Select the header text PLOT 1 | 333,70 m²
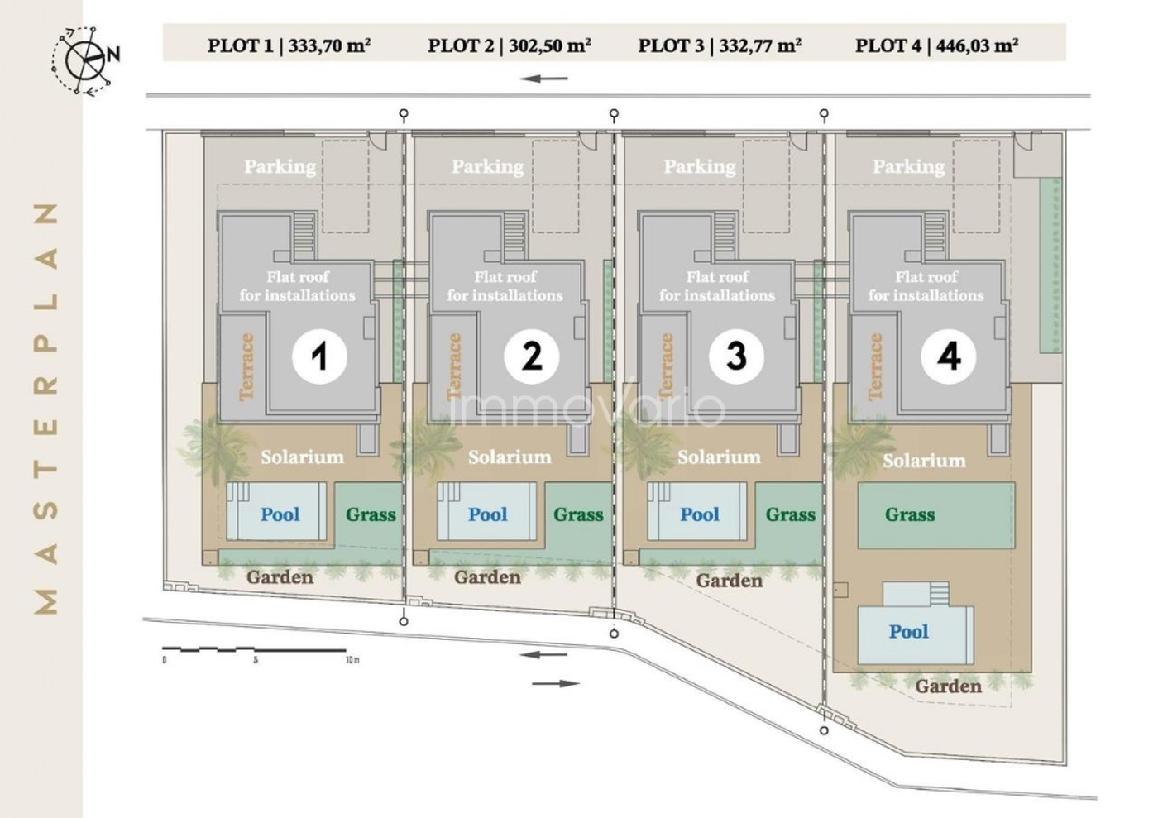pyautogui.click(x=289, y=45)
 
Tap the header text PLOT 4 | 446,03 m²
pyautogui.click(x=936, y=45)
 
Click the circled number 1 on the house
pyautogui.click(x=319, y=356)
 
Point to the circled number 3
pyautogui.click(x=736, y=356)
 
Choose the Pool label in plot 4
pyautogui.click(x=908, y=631)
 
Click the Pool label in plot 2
pyautogui.click(x=487, y=514)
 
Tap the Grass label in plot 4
pyautogui.click(x=910, y=514)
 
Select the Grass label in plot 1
pyautogui.click(x=371, y=514)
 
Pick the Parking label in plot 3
pyautogui.click(x=700, y=166)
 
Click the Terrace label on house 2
pyautogui.click(x=454, y=366)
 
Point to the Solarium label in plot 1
pyautogui.click(x=303, y=457)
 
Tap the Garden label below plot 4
pyautogui.click(x=948, y=686)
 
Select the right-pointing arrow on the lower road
pyautogui.click(x=556, y=683)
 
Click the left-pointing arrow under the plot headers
pyautogui.click(x=544, y=79)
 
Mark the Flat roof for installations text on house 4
pyautogui.click(x=926, y=286)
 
